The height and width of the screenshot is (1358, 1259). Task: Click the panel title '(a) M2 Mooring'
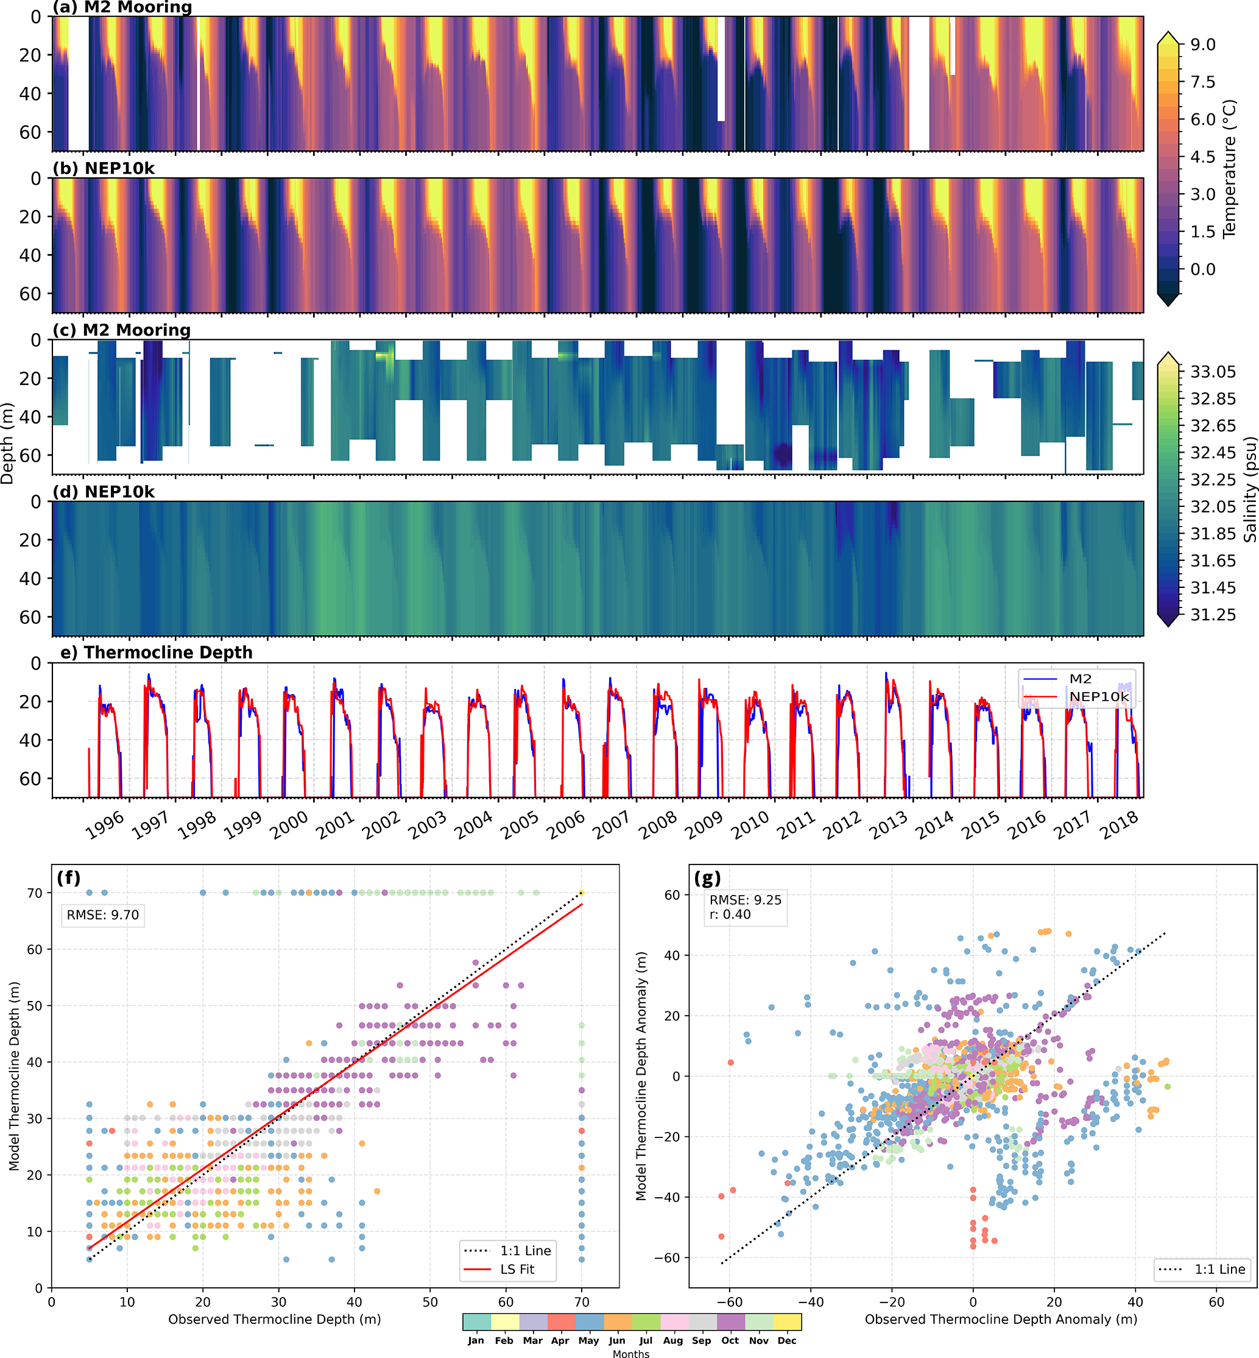[122, 7]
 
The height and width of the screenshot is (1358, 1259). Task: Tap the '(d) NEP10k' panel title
[104, 491]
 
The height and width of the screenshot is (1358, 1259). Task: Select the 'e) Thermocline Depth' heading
[156, 652]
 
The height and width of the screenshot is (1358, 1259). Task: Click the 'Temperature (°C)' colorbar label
[1229, 169]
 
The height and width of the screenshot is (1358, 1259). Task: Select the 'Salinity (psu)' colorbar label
[1249, 489]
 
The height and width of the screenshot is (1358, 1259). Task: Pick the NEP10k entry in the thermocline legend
[1099, 696]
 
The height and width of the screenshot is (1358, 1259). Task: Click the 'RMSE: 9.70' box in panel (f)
[103, 914]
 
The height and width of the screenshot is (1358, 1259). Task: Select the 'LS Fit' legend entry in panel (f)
[517, 1268]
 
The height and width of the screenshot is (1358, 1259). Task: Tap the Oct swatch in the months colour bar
[730, 1322]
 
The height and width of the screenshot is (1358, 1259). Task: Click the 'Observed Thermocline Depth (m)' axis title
[275, 1319]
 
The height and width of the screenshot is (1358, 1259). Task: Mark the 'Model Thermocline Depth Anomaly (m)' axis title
[641, 1076]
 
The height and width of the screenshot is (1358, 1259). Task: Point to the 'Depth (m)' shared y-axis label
[7, 444]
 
